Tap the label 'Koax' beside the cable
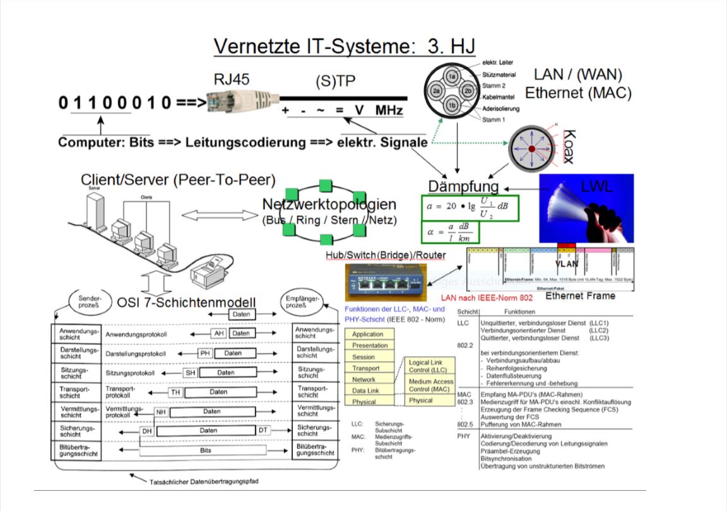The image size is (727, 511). (x=569, y=147)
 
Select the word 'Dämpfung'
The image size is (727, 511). (x=463, y=187)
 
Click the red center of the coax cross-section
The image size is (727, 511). (x=531, y=148)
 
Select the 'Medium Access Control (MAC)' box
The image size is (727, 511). (x=430, y=385)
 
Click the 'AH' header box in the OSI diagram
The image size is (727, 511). (x=218, y=333)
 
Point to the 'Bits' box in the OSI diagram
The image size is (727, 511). (x=206, y=451)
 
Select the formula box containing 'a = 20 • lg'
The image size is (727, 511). (x=470, y=208)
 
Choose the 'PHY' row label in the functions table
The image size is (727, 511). (x=464, y=436)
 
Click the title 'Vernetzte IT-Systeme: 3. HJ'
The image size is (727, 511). (x=344, y=45)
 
